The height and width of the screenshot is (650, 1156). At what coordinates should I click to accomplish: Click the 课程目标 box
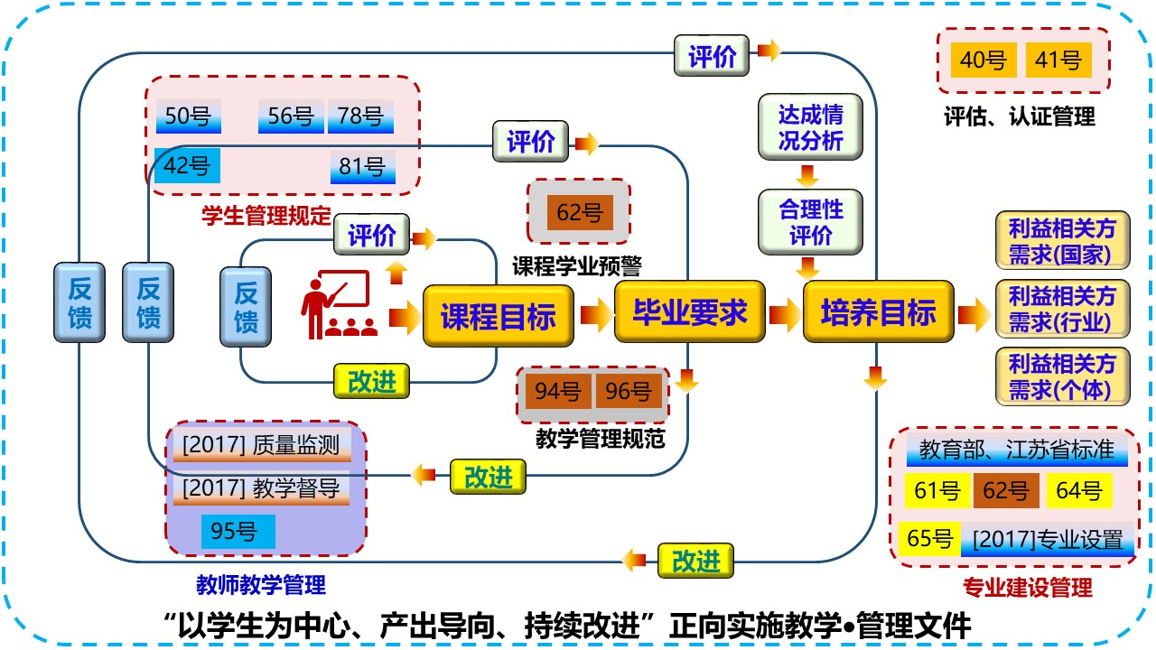(498, 316)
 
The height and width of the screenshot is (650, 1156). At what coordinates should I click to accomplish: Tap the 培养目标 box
(878, 313)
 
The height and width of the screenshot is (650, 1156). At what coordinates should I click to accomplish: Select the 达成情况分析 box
(811, 127)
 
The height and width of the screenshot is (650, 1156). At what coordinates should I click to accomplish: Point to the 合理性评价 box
(811, 222)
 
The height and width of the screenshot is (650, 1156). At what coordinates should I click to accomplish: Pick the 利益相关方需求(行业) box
(1062, 309)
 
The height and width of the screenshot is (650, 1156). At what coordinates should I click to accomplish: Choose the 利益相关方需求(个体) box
(1062, 376)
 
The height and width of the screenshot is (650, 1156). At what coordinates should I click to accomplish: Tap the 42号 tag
(187, 165)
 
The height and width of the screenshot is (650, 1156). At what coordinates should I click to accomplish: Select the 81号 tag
(362, 166)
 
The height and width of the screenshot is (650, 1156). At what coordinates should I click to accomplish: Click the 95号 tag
(234, 531)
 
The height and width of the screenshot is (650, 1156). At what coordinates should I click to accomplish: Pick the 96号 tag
(629, 392)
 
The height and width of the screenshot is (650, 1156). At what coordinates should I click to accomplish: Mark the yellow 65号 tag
(930, 539)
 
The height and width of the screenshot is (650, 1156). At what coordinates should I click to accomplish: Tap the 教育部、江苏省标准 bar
(1017, 450)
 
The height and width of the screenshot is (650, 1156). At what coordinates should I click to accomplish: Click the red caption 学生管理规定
(266, 217)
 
